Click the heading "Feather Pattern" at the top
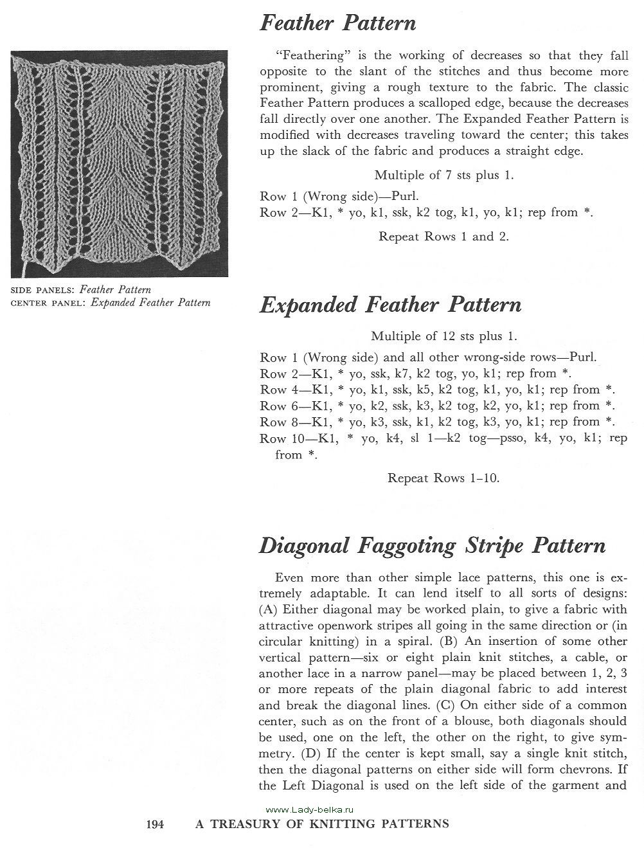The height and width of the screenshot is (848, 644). tap(337, 24)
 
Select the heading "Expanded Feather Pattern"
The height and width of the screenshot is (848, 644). tap(390, 304)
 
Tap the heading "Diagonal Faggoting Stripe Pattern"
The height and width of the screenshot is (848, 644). tap(432, 546)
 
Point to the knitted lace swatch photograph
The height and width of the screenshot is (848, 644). tap(119, 165)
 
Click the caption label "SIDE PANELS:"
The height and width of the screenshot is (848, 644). tap(44, 291)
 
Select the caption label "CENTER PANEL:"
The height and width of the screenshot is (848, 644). tap(49, 303)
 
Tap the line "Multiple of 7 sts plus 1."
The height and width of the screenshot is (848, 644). tap(444, 175)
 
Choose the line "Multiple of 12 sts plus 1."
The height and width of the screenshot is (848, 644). tap(444, 336)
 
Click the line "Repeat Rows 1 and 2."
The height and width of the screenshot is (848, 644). tap(443, 236)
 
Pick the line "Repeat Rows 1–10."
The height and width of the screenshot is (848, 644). tap(443, 478)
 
